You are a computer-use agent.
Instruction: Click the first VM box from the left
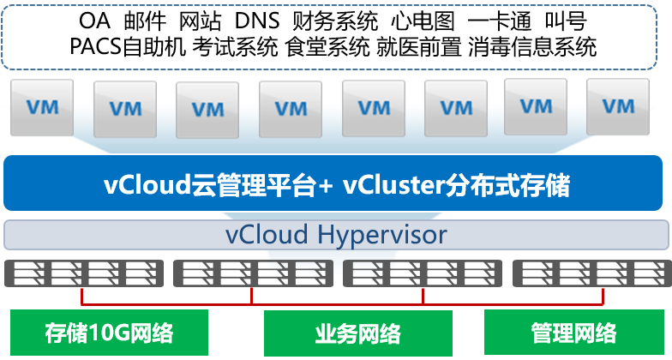[x=42, y=108]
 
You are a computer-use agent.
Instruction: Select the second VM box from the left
[x=125, y=110]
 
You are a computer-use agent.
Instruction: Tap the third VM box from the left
[x=207, y=110]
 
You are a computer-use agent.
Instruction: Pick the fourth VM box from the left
[x=291, y=110]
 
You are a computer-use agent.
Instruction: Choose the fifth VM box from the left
[x=374, y=109]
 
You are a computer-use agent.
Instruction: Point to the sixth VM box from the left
[x=455, y=109]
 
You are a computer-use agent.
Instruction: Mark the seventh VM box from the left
[x=536, y=107]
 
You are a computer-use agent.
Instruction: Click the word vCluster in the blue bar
[x=393, y=184]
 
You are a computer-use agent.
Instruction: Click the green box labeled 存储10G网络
[x=109, y=333]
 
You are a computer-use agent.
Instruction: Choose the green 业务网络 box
[x=357, y=333]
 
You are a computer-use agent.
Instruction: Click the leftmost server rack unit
[x=83, y=273]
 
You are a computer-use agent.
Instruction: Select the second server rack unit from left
[x=253, y=273]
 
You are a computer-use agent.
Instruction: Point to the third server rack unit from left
[x=423, y=273]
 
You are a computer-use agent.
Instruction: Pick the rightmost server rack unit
[x=591, y=273]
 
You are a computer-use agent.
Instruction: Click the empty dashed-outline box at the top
[x=335, y=37]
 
